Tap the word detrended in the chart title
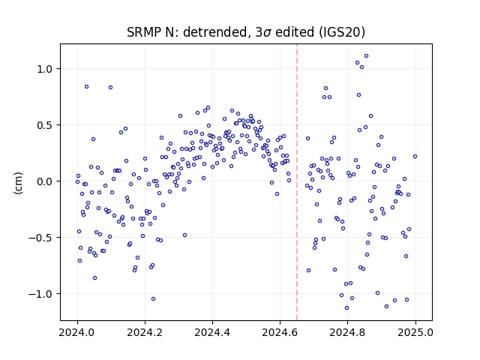[214, 32]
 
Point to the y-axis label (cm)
[18, 183]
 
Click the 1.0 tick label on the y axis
[45, 69]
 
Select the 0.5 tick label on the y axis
[45, 125]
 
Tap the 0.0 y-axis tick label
[45, 181]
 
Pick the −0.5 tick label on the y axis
[40, 238]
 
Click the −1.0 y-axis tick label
[40, 294]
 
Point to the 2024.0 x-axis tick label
[77, 332]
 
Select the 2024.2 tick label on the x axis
[145, 332]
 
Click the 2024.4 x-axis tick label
[212, 332]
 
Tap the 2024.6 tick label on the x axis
[280, 332]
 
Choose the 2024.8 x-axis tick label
[347, 332]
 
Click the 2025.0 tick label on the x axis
[415, 332]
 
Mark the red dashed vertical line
[297, 182]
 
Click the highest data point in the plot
[366, 56]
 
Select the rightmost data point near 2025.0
[415, 157]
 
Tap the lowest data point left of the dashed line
[153, 298]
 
